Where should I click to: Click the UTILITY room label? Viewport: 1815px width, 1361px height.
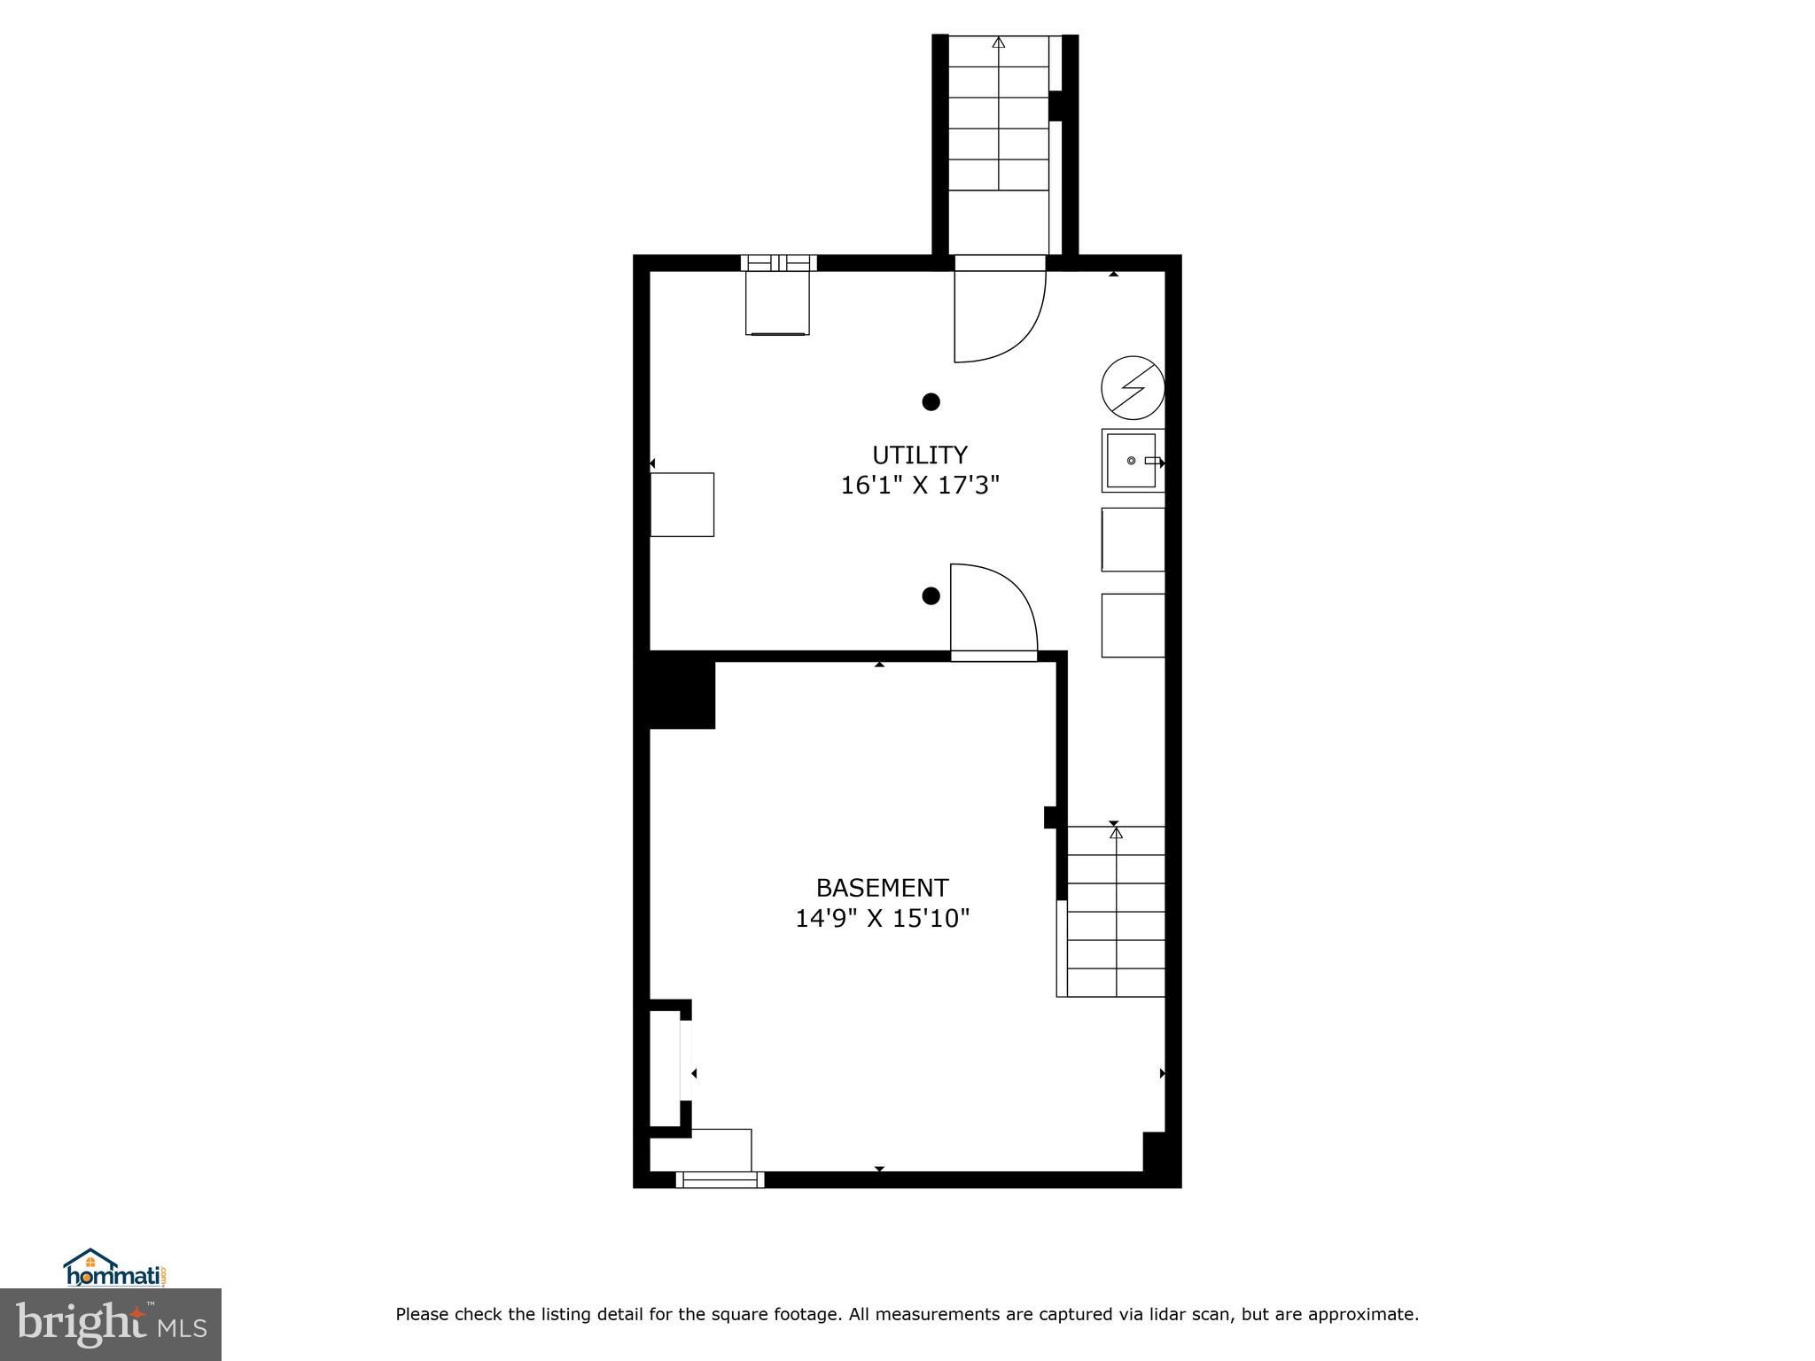(x=919, y=455)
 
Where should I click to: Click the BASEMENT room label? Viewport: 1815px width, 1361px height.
(x=882, y=887)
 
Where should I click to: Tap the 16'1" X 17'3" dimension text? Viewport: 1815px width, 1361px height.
(x=919, y=486)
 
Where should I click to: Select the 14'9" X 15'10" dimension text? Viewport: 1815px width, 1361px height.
(x=882, y=918)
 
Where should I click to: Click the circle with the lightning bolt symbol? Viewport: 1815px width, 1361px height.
(x=1132, y=387)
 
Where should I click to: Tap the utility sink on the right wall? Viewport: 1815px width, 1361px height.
(x=1132, y=461)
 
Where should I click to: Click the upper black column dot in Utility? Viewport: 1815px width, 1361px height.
(x=931, y=402)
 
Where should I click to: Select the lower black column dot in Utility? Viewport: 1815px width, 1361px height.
(x=931, y=595)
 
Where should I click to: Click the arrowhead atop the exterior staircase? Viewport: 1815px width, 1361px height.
(x=999, y=42)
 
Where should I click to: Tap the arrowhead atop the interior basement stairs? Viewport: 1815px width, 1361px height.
(x=1116, y=833)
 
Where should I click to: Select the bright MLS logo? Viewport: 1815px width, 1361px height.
(x=111, y=1325)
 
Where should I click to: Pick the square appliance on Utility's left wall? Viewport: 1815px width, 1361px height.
(x=682, y=504)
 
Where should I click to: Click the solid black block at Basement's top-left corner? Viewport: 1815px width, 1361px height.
(x=682, y=690)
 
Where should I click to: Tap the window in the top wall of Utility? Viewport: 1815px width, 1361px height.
(x=778, y=262)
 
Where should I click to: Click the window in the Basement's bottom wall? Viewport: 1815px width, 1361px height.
(x=720, y=1179)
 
